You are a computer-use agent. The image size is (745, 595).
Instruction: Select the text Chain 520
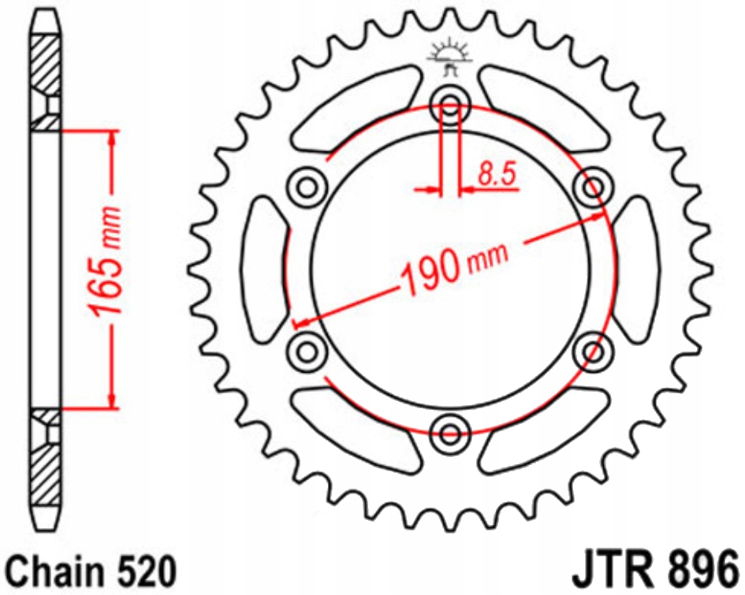click(x=88, y=570)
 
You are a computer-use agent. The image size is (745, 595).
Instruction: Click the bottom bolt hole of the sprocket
click(x=451, y=431)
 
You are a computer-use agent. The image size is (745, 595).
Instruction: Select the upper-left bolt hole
click(x=308, y=187)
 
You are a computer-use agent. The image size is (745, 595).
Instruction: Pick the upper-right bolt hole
click(x=593, y=187)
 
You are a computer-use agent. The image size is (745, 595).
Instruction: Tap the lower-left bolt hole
click(x=308, y=348)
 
